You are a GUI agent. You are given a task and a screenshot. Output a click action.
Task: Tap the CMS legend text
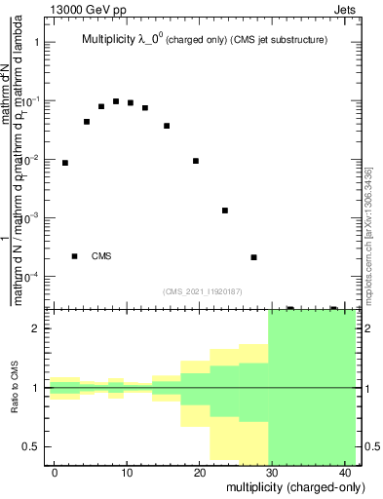101,256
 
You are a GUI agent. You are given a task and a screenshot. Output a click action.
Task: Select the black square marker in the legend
74,256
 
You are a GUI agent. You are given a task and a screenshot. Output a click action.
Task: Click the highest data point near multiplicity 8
116,101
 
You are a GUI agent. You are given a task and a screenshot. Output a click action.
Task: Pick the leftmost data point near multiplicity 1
65,163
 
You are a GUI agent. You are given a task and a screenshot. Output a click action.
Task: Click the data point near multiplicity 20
196,161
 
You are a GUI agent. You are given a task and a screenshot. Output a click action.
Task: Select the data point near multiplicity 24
225,211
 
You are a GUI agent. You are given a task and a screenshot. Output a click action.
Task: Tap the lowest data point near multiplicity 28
253,257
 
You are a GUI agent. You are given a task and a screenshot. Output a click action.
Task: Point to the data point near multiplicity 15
167,126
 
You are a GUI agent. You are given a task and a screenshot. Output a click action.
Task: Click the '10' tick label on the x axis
127,473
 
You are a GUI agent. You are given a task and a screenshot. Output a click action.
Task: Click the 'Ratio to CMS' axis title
15,387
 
